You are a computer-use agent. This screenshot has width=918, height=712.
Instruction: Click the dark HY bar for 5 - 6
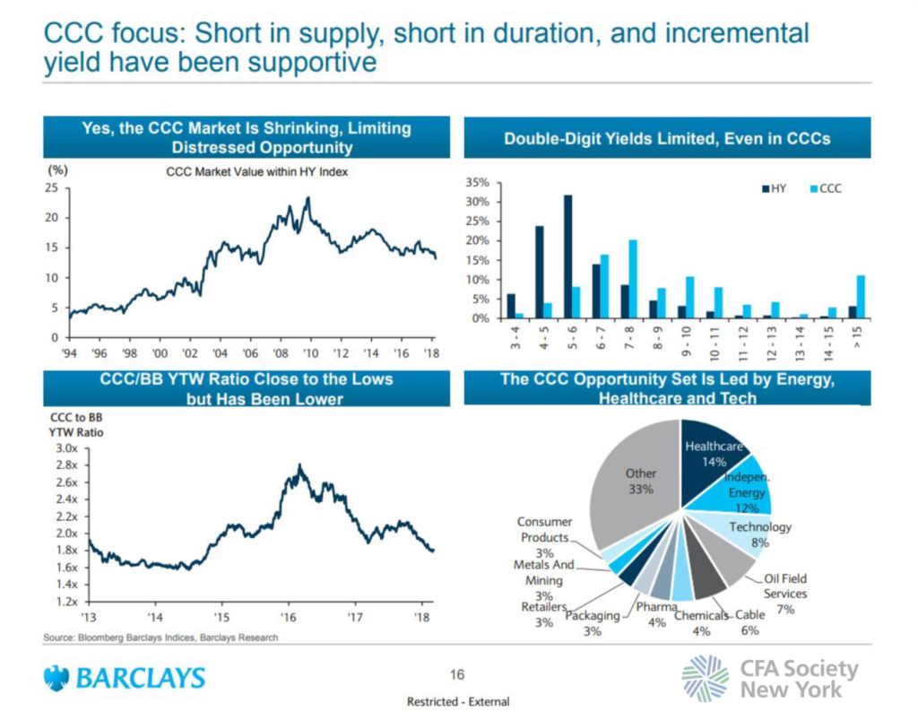[x=567, y=256]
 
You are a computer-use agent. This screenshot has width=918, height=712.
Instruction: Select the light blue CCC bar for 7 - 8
[x=633, y=279]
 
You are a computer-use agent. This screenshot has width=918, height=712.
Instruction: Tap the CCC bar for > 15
[x=861, y=297]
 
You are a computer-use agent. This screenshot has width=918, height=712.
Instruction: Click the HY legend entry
[x=774, y=189]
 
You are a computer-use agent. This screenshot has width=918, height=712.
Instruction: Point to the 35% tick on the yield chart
[x=476, y=182]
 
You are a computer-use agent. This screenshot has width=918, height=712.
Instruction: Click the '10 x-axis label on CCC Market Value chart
[x=309, y=352]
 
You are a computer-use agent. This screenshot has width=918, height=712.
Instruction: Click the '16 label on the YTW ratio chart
[x=289, y=618]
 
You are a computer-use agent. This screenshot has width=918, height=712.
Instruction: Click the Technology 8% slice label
[x=760, y=534]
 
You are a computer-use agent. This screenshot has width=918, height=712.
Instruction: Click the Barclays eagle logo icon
[x=57, y=678]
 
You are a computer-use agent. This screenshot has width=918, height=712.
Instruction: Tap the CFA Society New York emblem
[x=706, y=678]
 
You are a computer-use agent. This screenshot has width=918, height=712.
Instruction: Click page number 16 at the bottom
[x=458, y=673]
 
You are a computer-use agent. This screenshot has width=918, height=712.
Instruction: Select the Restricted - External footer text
[x=458, y=700]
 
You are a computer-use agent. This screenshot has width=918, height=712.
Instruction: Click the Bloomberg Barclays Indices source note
[x=161, y=638]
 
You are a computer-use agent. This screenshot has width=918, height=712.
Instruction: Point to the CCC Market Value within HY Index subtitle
[x=256, y=172]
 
